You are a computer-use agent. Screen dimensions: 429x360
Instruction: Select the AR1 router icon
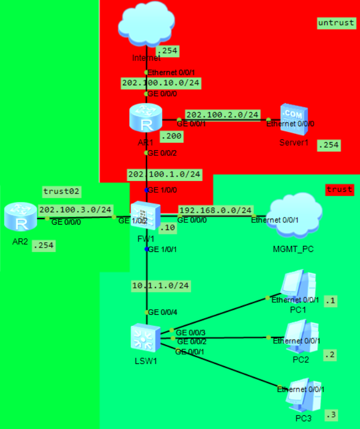(146, 120)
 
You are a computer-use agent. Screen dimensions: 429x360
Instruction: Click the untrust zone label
(335, 23)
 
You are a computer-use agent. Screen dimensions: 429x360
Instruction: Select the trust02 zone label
(61, 191)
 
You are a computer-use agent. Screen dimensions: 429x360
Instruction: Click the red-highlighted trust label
(339, 190)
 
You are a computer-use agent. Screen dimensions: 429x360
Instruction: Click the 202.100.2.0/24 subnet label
(222, 114)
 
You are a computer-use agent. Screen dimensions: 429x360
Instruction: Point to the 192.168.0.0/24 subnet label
(216, 210)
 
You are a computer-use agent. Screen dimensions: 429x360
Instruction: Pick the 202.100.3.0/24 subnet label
(76, 209)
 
